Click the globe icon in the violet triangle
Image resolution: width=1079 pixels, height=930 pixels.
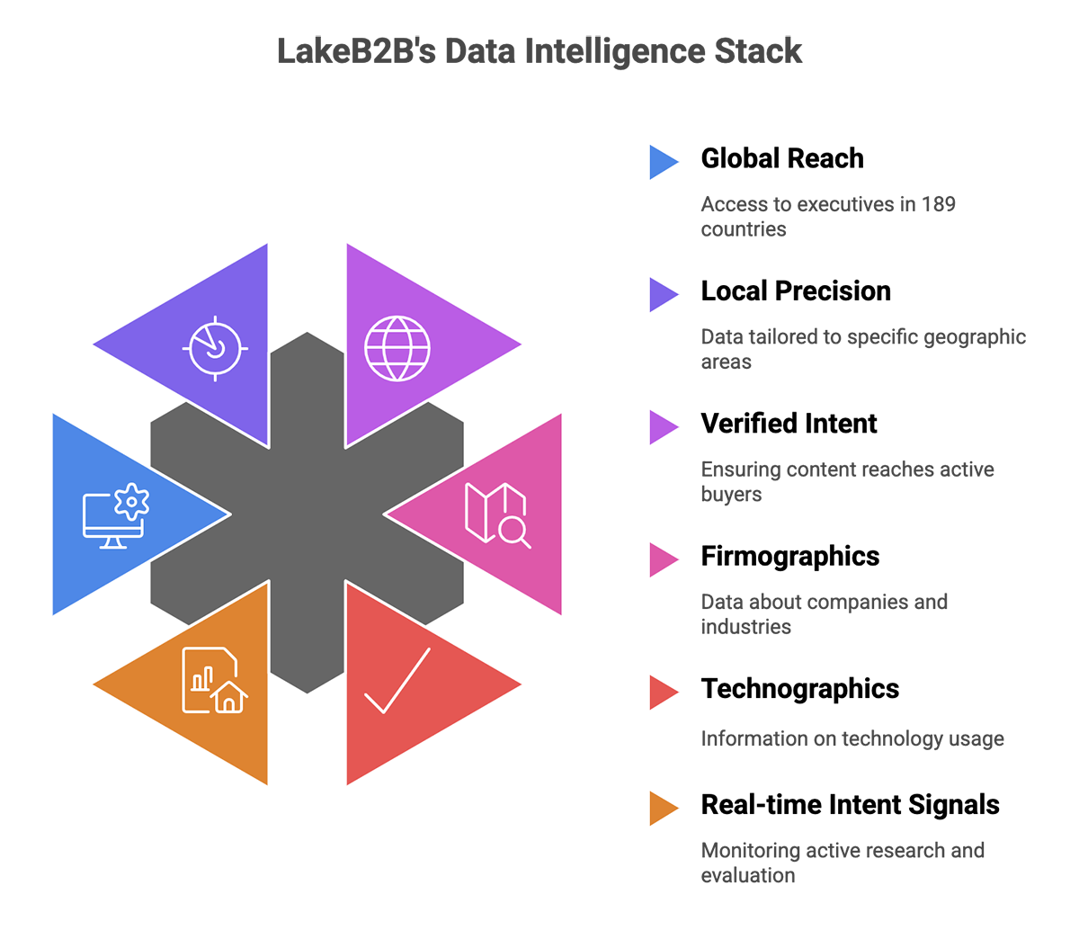click(x=397, y=347)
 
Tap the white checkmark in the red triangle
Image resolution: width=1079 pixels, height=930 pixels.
click(x=397, y=681)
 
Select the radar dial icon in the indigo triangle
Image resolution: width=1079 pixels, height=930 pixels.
click(x=215, y=347)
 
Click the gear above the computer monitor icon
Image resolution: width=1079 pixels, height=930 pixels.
click(x=133, y=500)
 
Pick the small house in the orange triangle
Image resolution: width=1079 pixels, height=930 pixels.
click(x=229, y=695)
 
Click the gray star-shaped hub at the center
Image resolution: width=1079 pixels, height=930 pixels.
click(x=307, y=514)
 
